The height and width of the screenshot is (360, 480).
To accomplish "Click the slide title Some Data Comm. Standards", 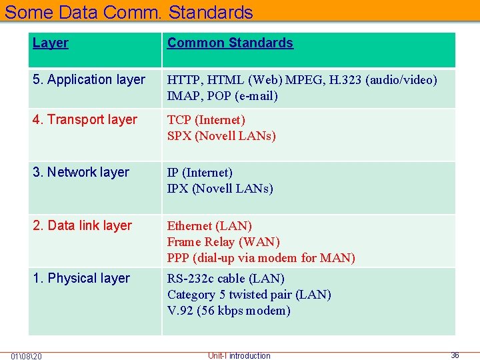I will (129, 12).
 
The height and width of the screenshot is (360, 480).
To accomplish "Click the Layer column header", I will (51, 43).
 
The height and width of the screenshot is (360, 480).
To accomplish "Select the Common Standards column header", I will (230, 43).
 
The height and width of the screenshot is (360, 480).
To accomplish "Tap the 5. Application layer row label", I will (89, 80).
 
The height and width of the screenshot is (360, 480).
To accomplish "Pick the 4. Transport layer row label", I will (85, 120).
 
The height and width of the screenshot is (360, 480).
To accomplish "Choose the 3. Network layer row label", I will (81, 173).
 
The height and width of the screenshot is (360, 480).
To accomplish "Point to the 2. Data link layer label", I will (82, 226).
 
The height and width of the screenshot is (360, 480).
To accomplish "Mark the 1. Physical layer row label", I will (81, 279).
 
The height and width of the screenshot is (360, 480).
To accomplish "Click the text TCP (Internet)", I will (206, 120).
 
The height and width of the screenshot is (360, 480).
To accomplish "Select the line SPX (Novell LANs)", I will (221, 136).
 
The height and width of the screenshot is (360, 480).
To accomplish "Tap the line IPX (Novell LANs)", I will (220, 189).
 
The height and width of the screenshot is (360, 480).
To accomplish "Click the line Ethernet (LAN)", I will (209, 226).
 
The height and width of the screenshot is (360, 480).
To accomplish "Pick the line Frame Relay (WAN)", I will (223, 242).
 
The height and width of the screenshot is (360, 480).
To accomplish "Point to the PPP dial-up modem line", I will (261, 258).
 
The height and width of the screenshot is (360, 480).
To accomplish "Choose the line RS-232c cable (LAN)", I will (225, 279).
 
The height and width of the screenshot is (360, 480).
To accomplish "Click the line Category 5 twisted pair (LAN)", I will (249, 295).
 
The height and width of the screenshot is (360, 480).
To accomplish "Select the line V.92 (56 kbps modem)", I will (229, 311).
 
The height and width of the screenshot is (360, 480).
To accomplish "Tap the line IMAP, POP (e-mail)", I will (222, 96).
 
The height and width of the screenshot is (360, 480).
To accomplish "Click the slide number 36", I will (455, 355).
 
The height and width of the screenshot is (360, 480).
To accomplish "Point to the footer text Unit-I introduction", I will (239, 355).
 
